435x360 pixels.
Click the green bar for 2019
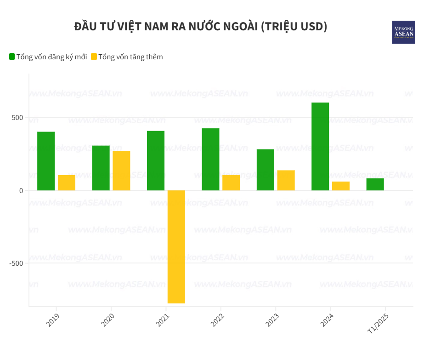pos(46,161)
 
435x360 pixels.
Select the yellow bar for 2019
pos(67,183)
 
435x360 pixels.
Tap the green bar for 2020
pos(101,168)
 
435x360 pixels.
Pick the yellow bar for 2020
pos(121,171)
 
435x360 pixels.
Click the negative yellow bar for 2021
pos(176,247)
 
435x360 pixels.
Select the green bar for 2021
pos(156,160)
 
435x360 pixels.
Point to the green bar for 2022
pos(210,159)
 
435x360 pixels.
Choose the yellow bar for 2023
pos(286,180)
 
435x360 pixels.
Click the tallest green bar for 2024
pos(320,146)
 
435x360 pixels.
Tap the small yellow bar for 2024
pos(341,186)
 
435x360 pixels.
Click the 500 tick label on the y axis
pos(17,118)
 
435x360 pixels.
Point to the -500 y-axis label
pos(16,263)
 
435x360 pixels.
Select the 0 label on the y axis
pos(21,190)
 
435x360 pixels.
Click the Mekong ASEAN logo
pos(403,32)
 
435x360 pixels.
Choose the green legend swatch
pos(12,57)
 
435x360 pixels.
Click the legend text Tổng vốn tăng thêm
pos(130,57)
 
